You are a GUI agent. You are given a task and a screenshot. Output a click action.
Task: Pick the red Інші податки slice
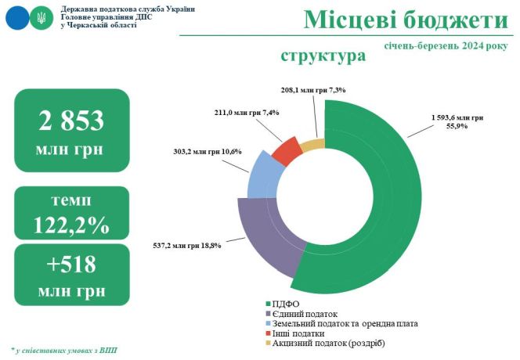point(287,151)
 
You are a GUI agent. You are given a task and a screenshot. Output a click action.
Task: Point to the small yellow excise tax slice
point(313,146)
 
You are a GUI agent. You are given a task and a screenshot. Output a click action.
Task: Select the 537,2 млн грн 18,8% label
point(187,246)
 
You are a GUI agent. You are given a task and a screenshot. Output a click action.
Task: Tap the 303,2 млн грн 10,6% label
point(208,152)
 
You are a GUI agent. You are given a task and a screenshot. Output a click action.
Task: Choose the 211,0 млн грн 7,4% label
point(247,113)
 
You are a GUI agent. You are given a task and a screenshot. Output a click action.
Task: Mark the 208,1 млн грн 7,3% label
point(313,89)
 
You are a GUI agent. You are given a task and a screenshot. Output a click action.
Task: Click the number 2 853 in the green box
point(71,121)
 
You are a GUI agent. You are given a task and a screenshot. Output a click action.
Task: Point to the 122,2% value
point(71,225)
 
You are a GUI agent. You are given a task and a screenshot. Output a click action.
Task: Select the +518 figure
point(71,265)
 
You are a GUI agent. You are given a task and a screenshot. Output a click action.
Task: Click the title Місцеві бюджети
point(406,20)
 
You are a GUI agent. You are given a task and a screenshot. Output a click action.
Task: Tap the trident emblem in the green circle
point(42,18)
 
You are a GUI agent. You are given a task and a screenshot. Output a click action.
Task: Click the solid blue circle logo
point(17,18)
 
